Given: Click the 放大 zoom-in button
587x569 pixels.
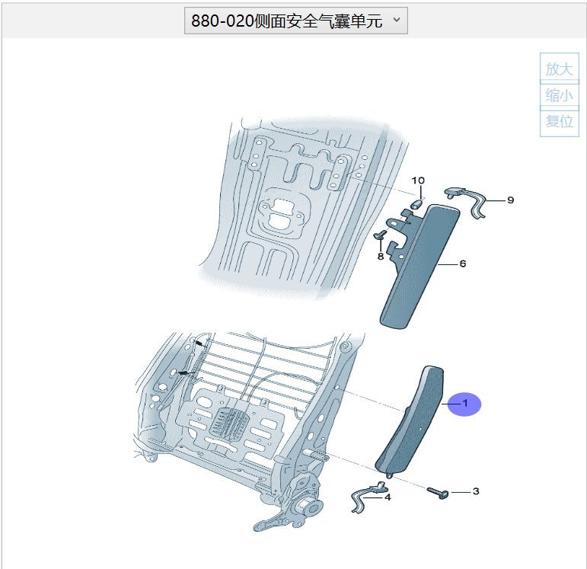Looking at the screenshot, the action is point(560,69).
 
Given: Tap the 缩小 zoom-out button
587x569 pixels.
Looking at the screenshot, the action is point(560,95).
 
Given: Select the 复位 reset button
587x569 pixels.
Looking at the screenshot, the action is point(560,121).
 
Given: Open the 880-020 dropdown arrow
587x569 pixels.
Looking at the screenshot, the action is point(397,20).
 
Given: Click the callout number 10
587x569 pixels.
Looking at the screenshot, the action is point(418,181).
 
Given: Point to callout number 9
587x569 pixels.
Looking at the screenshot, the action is point(511,200).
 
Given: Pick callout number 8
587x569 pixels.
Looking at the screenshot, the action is point(381,257).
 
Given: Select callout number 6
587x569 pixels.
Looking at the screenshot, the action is point(463,264).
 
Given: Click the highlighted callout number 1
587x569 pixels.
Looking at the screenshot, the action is point(465,404).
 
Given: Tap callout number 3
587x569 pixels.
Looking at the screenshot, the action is point(476,491).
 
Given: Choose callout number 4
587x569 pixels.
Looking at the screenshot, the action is point(388,497).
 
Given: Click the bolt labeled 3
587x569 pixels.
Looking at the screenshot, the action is point(438,492).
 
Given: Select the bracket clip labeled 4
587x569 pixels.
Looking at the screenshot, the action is point(368,496).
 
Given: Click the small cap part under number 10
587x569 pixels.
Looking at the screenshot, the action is point(416,204).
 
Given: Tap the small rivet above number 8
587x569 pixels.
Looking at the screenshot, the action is point(380,235).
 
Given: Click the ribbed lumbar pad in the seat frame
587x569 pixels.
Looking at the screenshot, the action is point(228,422).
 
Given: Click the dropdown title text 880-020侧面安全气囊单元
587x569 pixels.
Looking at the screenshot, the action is point(287,21).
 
